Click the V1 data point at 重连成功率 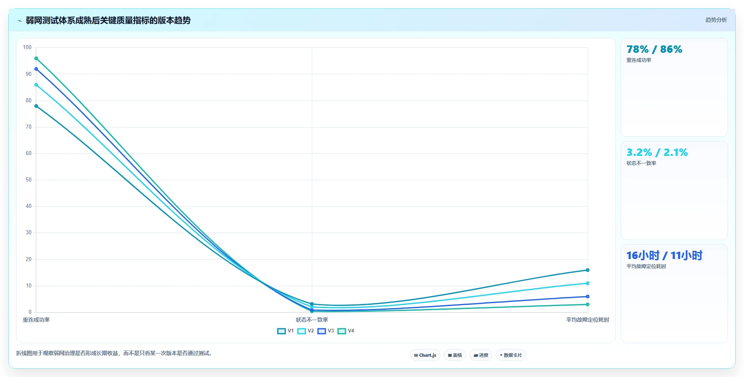(x=36, y=106)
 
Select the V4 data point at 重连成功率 (x=36, y=59)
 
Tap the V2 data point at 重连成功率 (x=36, y=85)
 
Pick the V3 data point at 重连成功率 (x=36, y=69)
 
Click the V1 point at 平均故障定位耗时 (x=588, y=270)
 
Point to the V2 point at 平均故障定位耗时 (x=588, y=283)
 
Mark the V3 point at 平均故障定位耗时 (x=588, y=297)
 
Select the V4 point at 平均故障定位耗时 (x=588, y=304)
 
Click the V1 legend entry (x=285, y=331)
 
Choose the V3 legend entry (x=326, y=331)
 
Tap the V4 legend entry (x=346, y=331)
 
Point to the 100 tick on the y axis (x=27, y=47)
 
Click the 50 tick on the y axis (x=28, y=180)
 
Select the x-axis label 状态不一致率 (x=312, y=320)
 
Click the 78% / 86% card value (x=654, y=49)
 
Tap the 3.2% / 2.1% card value (x=657, y=153)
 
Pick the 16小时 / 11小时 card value (x=664, y=256)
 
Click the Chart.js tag (x=425, y=355)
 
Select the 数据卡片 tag (x=511, y=355)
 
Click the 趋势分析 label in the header (x=716, y=20)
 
